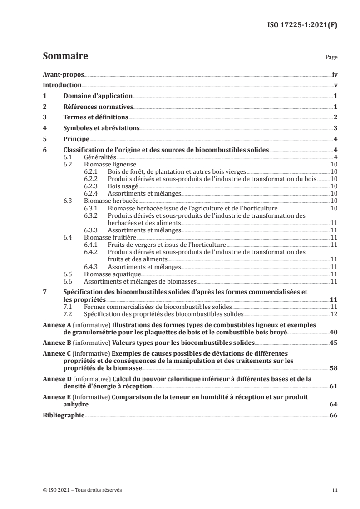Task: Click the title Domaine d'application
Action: click(98, 96)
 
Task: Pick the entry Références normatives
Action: click(98, 107)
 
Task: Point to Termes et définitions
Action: click(95, 117)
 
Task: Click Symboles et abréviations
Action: click(101, 128)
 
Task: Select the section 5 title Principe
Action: click(76, 139)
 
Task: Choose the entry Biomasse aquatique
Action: click(113, 274)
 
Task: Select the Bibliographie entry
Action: click(63, 415)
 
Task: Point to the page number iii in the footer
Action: click(335, 490)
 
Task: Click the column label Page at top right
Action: click(331, 58)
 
